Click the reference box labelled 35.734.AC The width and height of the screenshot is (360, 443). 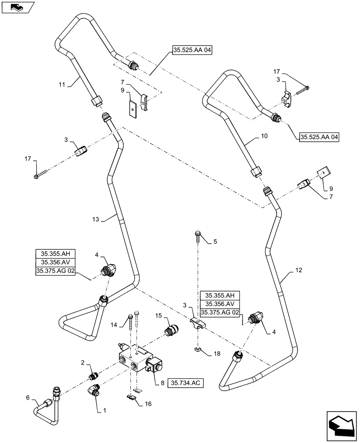185,382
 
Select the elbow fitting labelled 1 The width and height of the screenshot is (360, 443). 94,390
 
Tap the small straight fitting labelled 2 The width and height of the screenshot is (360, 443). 93,376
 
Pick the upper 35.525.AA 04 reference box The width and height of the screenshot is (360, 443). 191,51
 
